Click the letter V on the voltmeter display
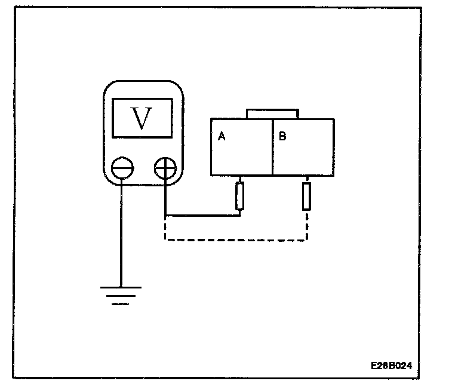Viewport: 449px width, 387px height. click(142, 118)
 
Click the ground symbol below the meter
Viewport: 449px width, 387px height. click(121, 295)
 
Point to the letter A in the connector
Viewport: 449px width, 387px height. click(221, 137)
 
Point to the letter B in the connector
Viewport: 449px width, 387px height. click(282, 137)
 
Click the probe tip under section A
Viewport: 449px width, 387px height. click(240, 196)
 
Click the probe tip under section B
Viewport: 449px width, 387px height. click(307, 196)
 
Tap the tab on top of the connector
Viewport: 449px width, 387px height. click(272, 113)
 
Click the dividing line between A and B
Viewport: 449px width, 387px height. click(272, 147)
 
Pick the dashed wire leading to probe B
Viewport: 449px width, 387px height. click(236, 241)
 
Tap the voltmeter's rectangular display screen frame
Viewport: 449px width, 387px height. click(142, 100)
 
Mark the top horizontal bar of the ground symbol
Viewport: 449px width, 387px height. click(121, 287)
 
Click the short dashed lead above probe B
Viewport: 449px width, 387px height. click(307, 179)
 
